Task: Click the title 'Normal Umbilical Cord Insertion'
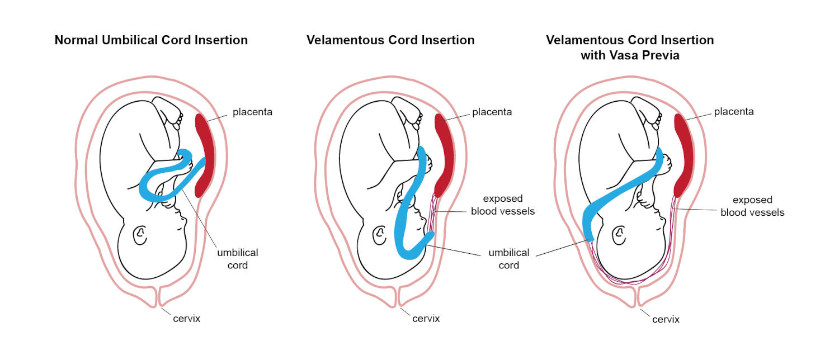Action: coord(151,40)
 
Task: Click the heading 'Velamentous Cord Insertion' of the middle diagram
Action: coord(390,40)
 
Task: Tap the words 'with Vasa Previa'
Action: coord(630,55)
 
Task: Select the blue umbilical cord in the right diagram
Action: coord(622,191)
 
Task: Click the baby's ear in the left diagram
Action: coord(140,235)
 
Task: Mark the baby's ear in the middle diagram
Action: coord(379,235)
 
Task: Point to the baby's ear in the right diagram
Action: coord(619,235)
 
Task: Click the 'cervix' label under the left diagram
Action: coord(186,319)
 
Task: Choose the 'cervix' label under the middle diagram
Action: coord(426,319)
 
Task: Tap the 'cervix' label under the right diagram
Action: coord(666,320)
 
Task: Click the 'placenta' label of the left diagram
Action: coord(252,112)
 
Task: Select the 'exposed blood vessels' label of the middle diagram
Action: coord(503,205)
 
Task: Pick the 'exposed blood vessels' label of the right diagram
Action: coord(752,206)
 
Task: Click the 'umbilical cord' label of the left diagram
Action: coord(238,259)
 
